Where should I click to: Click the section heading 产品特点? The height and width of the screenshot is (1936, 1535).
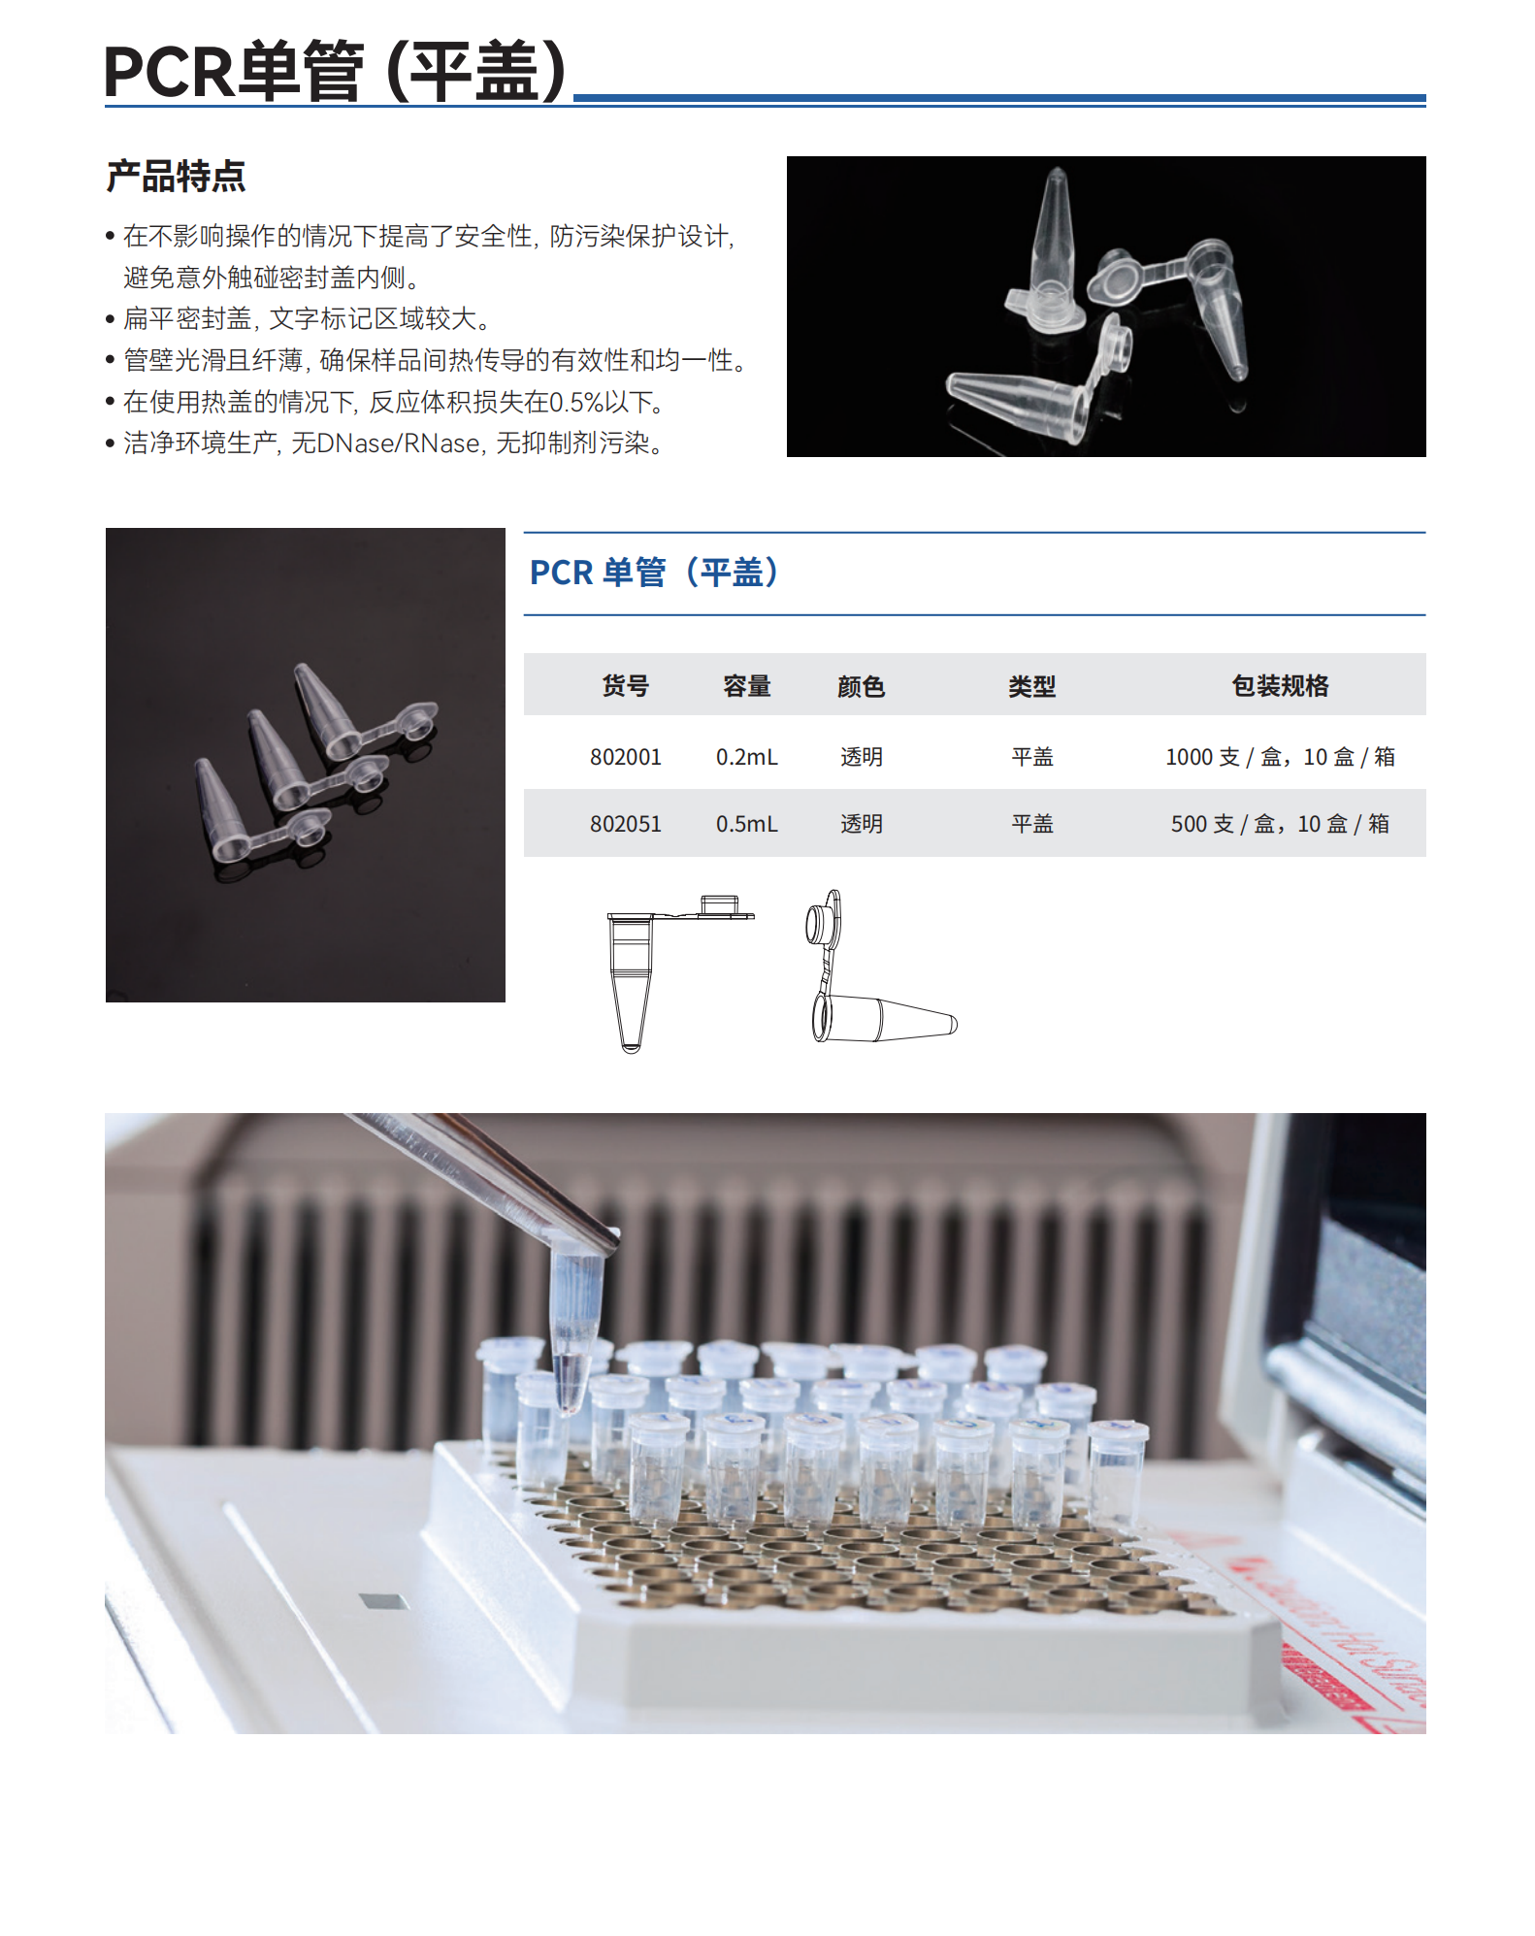click(x=176, y=177)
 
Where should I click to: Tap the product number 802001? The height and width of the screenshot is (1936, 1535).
click(x=625, y=757)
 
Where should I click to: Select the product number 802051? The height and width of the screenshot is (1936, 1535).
click(x=625, y=824)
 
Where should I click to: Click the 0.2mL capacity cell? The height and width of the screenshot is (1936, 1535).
click(x=746, y=757)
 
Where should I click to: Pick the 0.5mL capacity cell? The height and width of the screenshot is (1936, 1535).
click(x=746, y=824)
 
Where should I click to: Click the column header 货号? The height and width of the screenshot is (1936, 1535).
click(x=625, y=686)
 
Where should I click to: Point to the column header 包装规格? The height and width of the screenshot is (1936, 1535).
click(x=1279, y=686)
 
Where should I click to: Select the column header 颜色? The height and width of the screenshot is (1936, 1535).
click(x=861, y=687)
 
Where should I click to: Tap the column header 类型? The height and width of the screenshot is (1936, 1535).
click(x=1031, y=687)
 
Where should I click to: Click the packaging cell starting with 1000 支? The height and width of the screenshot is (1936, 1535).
click(x=1279, y=757)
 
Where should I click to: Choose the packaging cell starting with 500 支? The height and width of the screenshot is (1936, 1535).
click(x=1279, y=824)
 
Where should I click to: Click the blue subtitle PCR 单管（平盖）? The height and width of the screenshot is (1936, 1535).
click(x=655, y=573)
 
